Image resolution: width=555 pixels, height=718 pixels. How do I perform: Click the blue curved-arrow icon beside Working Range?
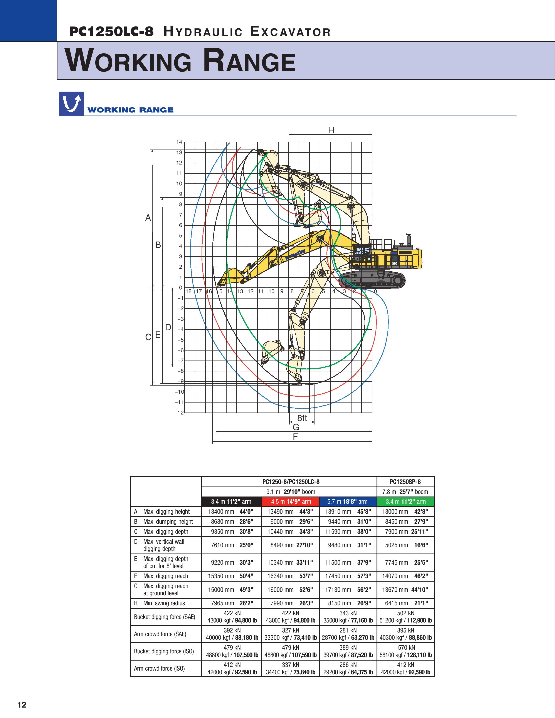[x=71, y=104]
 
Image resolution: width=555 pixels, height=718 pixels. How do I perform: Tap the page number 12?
[x=22, y=705]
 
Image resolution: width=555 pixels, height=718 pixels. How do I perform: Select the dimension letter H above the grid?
[x=331, y=131]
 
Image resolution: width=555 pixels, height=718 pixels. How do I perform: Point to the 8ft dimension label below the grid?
[x=302, y=418]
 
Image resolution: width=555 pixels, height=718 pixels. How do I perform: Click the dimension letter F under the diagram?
[x=295, y=437]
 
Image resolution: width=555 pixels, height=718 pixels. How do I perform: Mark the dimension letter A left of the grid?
[x=148, y=218]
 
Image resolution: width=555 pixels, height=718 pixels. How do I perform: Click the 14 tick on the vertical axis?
[x=179, y=142]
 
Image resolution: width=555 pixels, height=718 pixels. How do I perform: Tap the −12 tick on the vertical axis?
[x=179, y=413]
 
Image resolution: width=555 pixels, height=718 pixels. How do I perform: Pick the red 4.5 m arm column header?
[x=291, y=501]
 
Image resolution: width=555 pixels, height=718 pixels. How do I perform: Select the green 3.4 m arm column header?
[x=405, y=501]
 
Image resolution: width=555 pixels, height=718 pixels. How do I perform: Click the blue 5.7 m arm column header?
[x=348, y=501]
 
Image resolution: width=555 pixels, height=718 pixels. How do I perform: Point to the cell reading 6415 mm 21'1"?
[x=405, y=603]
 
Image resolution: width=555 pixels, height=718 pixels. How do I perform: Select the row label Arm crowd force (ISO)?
[x=159, y=668]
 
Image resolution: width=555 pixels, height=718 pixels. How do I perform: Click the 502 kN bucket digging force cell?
[x=405, y=617]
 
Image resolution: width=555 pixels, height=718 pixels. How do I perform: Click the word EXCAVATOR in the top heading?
[x=290, y=32]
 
